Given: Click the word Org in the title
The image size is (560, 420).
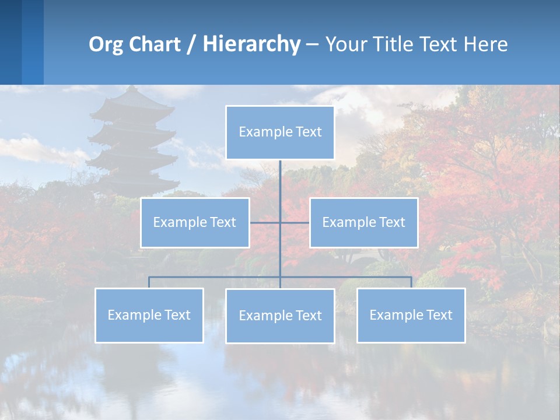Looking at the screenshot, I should (x=106, y=45).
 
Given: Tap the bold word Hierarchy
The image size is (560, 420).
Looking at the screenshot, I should (x=251, y=44).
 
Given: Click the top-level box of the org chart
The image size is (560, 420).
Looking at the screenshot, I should (x=280, y=132).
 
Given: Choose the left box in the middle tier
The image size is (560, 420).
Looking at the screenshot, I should (x=195, y=222).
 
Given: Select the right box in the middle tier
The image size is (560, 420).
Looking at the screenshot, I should (x=363, y=222).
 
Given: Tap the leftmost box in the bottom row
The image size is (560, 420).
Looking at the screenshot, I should (x=149, y=315).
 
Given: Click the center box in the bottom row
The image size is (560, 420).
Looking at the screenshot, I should (x=280, y=316).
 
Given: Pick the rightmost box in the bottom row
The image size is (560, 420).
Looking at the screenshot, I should (x=411, y=315).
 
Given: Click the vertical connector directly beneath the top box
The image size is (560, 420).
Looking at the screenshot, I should (x=280, y=187).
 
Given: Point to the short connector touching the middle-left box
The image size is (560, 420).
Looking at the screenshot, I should (x=264, y=222).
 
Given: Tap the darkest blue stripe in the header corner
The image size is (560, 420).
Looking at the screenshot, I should (x=10, y=42).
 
